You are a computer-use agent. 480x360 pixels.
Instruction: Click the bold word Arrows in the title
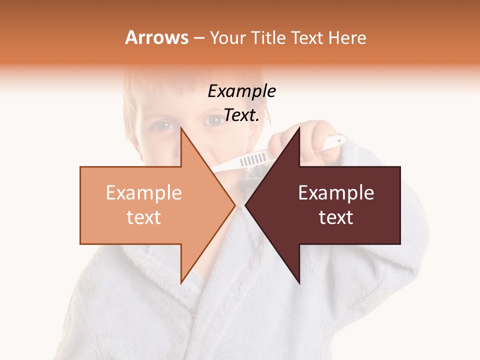point(156,37)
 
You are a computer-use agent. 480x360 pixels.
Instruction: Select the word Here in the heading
point(347,38)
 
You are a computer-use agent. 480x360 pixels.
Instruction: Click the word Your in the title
point(228,38)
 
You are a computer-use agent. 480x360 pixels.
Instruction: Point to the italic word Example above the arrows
point(241,91)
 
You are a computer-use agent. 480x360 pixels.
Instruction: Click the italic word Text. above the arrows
point(241,115)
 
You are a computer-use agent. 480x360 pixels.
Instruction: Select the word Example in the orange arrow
point(144,193)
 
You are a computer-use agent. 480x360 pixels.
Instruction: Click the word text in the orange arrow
point(144,217)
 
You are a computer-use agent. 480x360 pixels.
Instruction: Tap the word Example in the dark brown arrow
point(336,193)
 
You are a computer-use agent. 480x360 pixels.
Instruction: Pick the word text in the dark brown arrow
point(336,217)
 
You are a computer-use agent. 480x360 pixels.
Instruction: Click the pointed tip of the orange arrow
point(235,205)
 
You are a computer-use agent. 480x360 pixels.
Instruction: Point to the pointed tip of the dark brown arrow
point(245,205)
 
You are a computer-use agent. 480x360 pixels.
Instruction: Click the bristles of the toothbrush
point(253,159)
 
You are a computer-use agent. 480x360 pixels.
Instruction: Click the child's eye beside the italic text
point(214,120)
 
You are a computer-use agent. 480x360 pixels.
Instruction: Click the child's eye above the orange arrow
point(163,126)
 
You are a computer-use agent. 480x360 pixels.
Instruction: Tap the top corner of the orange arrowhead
point(181,128)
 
